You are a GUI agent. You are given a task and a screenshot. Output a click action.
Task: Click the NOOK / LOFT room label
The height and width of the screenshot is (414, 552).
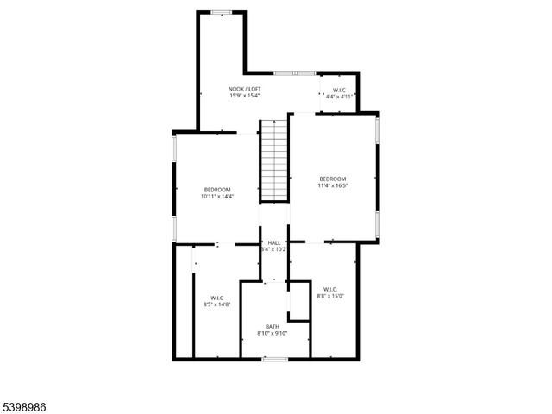click(245, 89)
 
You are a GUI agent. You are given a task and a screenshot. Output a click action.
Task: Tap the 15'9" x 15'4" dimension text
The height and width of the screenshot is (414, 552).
click(245, 96)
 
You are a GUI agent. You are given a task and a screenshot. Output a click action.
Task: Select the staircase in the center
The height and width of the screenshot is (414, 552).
click(273, 160)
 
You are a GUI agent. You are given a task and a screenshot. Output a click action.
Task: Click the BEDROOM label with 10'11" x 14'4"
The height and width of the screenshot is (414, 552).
click(217, 190)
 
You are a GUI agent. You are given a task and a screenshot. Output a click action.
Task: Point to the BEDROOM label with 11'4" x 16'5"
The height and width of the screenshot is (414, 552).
click(332, 179)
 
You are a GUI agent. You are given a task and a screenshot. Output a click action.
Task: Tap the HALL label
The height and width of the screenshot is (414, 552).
click(274, 242)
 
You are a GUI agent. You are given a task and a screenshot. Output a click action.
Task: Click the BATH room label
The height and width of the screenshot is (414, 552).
click(272, 326)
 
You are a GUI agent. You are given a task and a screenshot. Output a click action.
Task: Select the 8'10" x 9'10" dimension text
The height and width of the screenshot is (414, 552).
click(272, 333)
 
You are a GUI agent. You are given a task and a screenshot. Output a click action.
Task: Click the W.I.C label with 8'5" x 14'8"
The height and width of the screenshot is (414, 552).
click(216, 298)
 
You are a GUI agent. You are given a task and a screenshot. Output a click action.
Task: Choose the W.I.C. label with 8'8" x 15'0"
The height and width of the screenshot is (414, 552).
click(330, 289)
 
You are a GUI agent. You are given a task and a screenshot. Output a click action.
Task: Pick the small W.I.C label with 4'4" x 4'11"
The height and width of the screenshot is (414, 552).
click(339, 90)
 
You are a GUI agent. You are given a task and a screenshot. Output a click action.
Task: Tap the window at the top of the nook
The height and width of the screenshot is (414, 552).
click(222, 12)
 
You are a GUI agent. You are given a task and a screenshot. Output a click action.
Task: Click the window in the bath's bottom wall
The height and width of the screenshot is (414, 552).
click(275, 358)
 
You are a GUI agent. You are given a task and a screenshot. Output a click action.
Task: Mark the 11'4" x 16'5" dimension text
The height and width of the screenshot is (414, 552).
click(332, 185)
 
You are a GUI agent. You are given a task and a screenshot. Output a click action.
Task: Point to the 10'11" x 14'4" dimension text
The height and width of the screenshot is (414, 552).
click(217, 197)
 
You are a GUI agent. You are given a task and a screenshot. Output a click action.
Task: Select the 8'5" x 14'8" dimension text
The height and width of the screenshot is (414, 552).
click(216, 304)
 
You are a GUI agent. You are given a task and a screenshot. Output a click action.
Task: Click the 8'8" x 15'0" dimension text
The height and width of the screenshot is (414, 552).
click(330, 296)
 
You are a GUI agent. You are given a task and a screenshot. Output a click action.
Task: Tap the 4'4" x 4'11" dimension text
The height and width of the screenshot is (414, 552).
click(339, 97)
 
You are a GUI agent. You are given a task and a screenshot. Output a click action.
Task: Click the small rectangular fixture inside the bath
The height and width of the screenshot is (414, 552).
click(298, 302)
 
